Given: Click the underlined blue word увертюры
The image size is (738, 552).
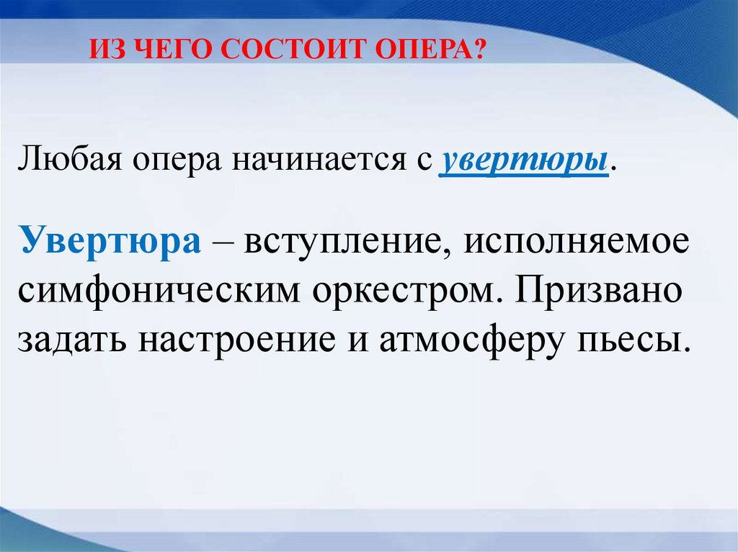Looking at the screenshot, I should [523, 161].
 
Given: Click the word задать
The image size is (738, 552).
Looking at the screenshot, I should [72, 338].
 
